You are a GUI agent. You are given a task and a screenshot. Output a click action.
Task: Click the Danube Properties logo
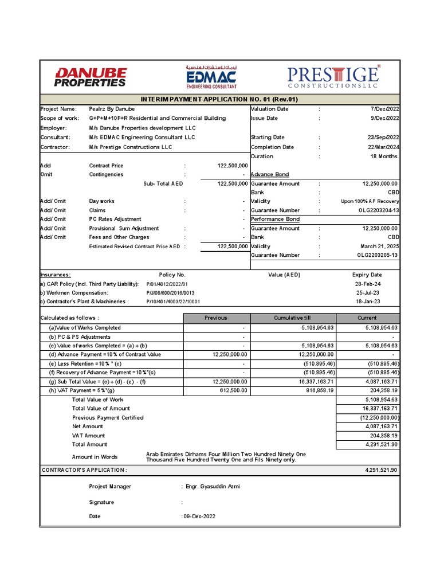point(90,77)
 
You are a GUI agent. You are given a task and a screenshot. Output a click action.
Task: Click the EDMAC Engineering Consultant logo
point(211,77)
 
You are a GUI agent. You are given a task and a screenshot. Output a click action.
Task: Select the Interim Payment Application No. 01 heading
point(219,99)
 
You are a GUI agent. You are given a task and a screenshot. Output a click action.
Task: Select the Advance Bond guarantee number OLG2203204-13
point(378,210)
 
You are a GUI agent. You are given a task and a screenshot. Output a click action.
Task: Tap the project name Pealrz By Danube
point(112,109)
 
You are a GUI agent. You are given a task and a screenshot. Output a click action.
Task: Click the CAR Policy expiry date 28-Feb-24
point(368,284)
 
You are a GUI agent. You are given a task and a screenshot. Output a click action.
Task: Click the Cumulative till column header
point(293,318)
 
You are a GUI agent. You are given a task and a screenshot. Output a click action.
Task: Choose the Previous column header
point(216,318)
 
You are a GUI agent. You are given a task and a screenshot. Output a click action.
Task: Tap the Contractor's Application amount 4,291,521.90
point(381,470)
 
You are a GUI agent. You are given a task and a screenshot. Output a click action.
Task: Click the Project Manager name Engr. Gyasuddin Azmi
point(213,487)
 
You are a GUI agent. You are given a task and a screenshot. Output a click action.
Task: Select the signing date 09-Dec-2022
point(199,516)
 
